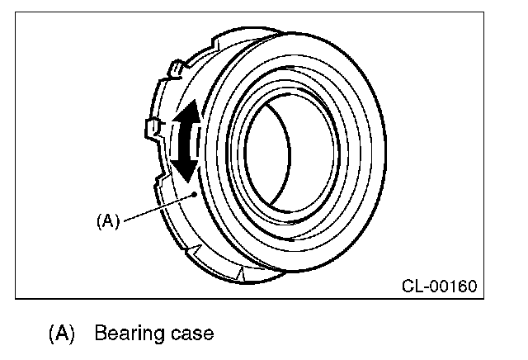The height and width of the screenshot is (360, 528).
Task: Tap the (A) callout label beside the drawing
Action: pos(108,220)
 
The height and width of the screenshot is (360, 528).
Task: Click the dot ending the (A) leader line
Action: pos(193,195)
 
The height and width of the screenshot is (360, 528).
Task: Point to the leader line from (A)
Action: pos(157,207)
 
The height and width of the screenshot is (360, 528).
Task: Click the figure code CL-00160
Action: pos(439,287)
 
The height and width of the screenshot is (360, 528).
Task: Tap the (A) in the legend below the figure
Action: pos(62,334)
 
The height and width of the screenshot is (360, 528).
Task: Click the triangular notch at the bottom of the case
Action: pos(240,270)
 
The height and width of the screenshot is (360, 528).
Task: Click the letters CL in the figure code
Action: pos(412,287)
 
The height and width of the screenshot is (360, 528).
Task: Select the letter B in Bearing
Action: pos(101,334)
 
